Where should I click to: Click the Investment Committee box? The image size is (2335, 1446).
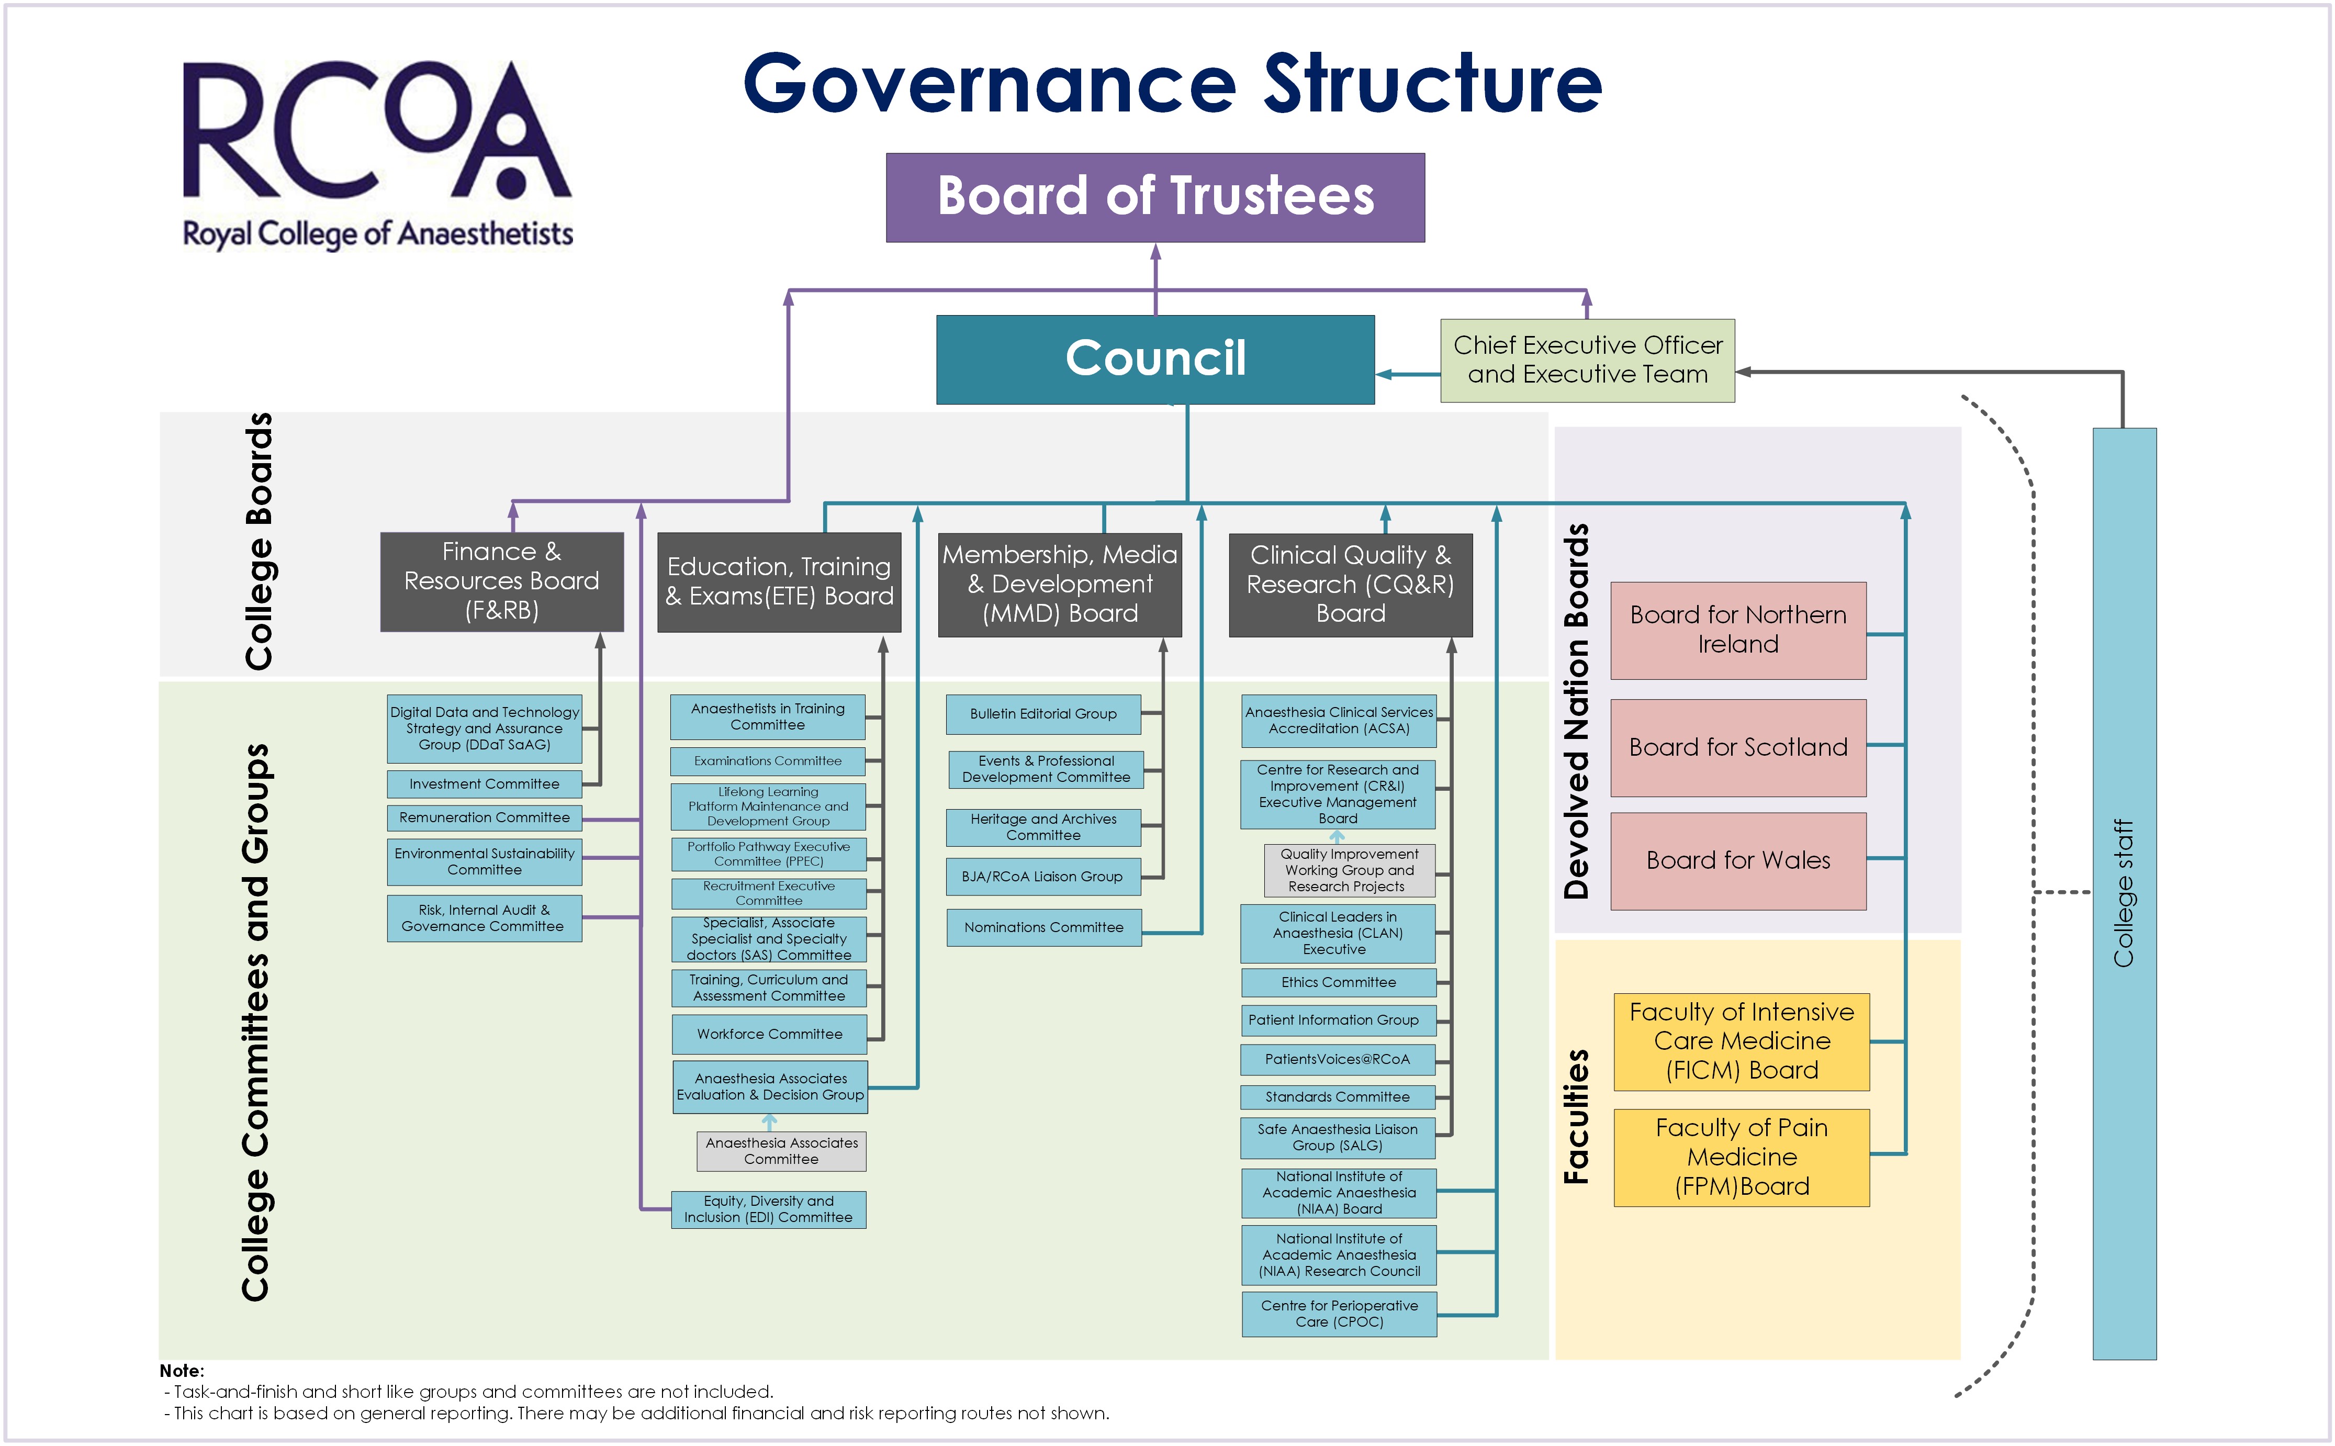tap(484, 783)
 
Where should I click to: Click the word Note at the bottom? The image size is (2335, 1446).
tap(182, 1371)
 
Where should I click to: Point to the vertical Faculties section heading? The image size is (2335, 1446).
tap(1576, 1116)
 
